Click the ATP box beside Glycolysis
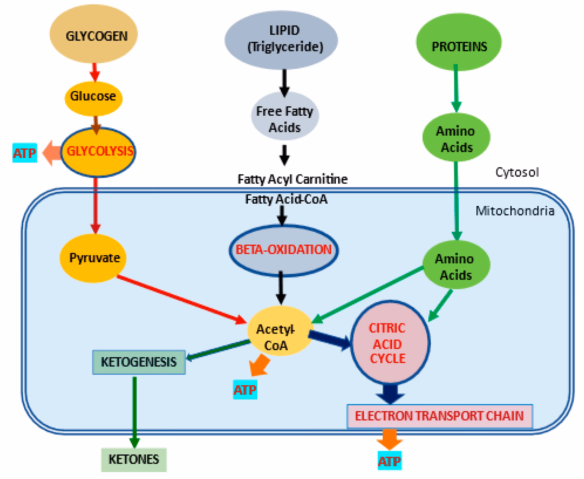pos(25,153)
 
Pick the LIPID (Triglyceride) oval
pos(281,40)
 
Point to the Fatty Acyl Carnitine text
pos(292,179)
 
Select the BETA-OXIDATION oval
pos(283,250)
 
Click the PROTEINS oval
pos(459,43)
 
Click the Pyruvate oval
pos(93,258)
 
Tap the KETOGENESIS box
pos(139,362)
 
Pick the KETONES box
pos(134,460)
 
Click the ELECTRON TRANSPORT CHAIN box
pos(440,416)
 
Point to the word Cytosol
pos(517,172)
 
